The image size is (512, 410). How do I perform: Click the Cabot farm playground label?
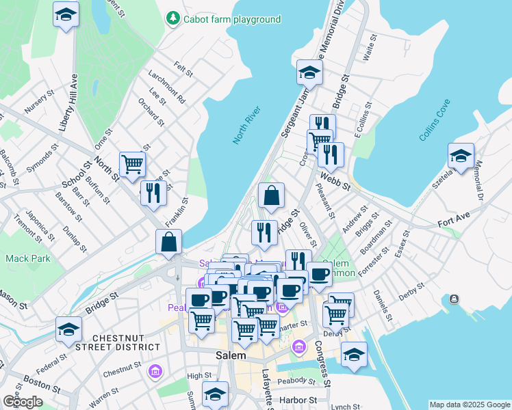[231, 19]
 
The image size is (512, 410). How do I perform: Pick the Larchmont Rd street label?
[170, 90]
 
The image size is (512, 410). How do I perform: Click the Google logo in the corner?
[23, 401]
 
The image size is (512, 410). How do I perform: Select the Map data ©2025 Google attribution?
[469, 405]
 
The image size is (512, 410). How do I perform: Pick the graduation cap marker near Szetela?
[461, 155]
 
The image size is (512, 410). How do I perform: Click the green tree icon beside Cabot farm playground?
[174, 18]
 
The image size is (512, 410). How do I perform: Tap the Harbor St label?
[301, 399]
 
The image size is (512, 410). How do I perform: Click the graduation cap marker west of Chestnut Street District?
[68, 330]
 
